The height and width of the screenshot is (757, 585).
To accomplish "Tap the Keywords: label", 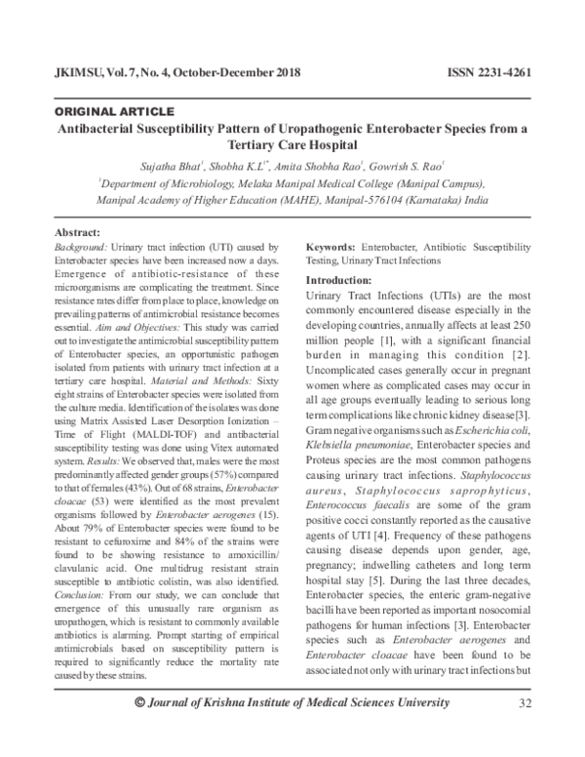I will click(332, 250).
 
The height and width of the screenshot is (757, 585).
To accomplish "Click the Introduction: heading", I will click(346, 280).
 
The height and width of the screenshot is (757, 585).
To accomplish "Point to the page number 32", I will click(526, 732).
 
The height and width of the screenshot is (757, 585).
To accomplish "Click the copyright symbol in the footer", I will click(137, 732).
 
